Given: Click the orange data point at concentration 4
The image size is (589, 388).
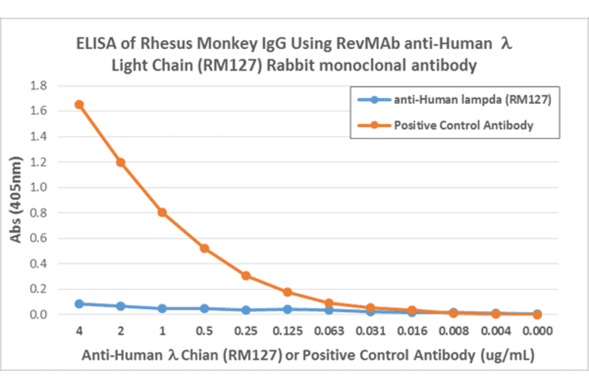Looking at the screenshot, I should (79, 105).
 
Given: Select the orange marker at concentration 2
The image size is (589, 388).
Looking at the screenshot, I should (120, 162).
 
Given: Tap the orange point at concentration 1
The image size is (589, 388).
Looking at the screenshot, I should (162, 212).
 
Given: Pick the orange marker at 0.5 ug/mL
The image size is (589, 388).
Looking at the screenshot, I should (204, 248).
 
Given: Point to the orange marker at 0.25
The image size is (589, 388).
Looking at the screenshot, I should (245, 276).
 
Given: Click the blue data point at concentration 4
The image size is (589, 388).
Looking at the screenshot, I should (79, 304).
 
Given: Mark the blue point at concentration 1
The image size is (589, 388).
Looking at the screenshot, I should (162, 308).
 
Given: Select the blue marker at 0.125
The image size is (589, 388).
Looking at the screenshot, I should (287, 309).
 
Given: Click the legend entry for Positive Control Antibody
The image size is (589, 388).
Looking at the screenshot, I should (463, 125).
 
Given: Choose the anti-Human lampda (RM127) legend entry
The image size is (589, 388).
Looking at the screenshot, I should (463, 100).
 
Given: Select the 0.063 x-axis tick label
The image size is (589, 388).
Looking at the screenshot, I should (329, 331).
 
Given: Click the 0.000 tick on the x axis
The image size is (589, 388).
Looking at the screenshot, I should (537, 331).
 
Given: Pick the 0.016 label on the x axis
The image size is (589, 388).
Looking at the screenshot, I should (412, 331).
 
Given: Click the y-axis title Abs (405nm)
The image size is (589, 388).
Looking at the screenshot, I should (16, 201).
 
